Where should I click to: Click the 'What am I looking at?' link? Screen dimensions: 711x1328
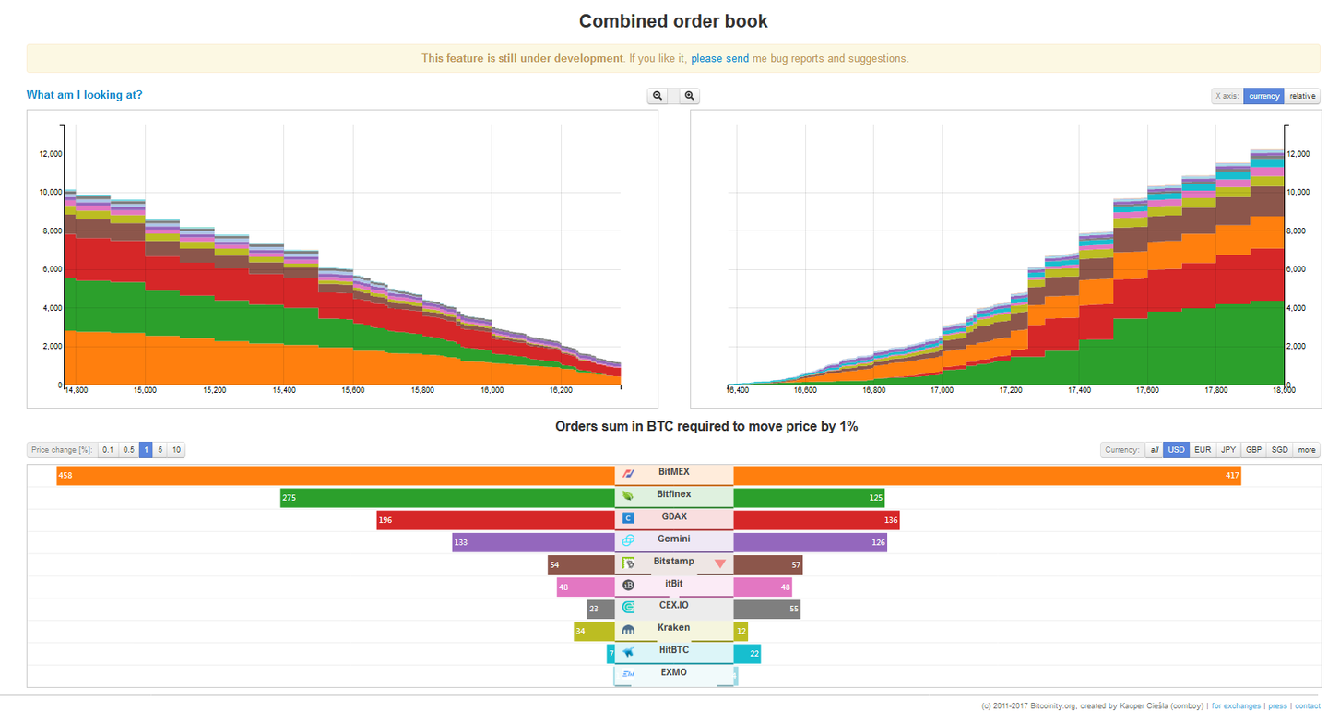point(84,95)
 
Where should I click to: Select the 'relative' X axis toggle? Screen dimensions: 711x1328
point(1302,96)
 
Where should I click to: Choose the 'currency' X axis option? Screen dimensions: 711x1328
point(1263,96)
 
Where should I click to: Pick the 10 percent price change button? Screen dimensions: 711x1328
point(176,450)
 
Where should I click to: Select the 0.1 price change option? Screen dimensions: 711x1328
point(108,450)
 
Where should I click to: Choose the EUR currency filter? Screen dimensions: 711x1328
point(1203,450)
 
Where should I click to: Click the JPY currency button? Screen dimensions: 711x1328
point(1228,450)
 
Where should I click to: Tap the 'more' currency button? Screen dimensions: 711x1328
point(1307,450)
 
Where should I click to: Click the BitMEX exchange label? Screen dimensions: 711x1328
point(673,472)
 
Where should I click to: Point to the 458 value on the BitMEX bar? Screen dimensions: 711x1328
point(65,476)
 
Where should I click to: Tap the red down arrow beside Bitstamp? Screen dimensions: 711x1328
point(720,564)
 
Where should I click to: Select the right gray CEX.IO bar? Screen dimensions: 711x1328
point(766,610)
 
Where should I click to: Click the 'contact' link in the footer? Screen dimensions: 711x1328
point(1307,706)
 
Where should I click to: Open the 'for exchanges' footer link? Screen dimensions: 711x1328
point(1236,706)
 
